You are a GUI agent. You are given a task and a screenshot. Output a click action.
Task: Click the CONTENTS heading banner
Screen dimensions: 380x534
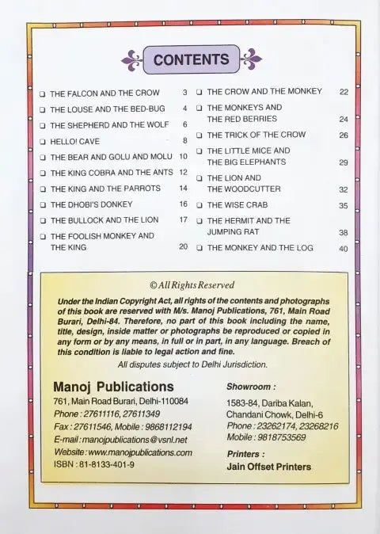point(190,59)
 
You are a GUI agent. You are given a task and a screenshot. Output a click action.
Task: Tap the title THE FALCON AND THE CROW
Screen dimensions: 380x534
point(104,93)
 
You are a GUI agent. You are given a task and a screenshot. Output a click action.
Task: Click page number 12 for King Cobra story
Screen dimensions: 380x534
point(182,172)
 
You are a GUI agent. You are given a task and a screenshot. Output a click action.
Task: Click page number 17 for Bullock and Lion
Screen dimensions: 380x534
point(183,219)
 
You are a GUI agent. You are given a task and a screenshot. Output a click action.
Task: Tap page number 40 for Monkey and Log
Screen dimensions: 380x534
point(343,248)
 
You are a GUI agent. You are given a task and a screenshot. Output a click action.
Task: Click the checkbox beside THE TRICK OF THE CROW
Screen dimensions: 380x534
point(199,135)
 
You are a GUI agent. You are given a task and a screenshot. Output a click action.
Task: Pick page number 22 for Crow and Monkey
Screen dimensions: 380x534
point(343,92)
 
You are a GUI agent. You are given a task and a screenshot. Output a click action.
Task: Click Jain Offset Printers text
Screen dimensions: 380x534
point(268,467)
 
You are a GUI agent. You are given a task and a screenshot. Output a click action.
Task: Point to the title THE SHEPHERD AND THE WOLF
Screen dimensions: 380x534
point(107,125)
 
